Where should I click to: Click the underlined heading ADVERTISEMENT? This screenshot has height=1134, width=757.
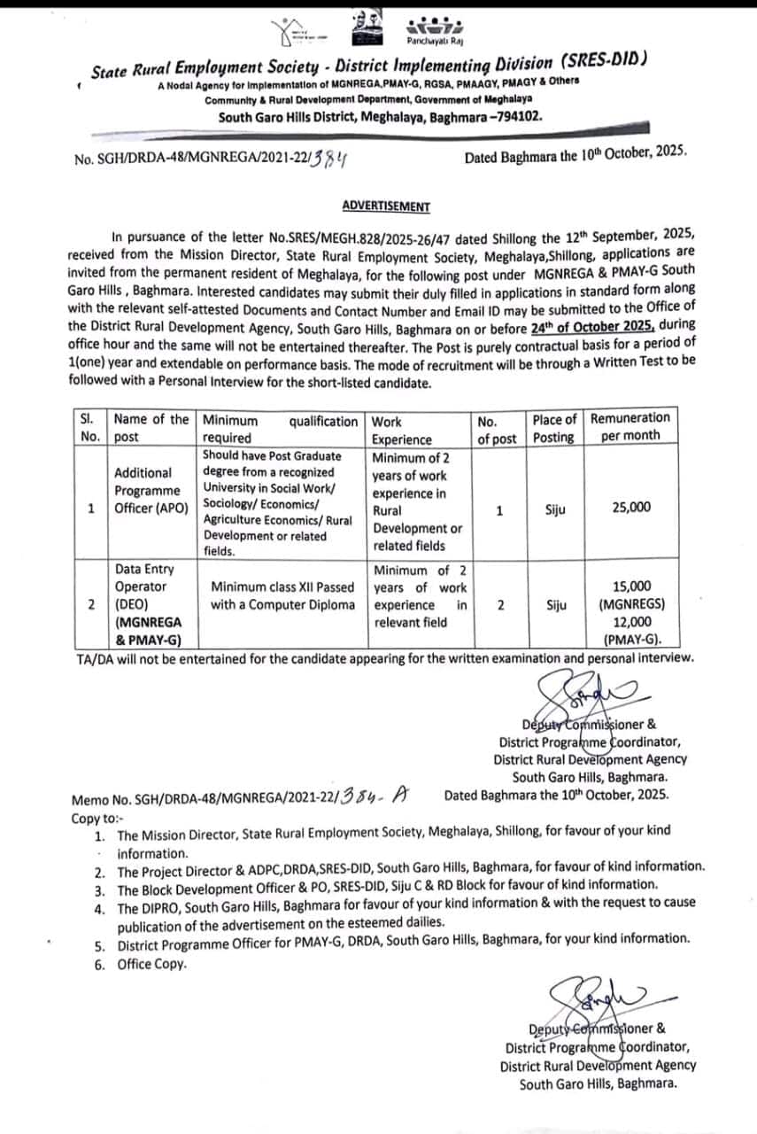point(386,206)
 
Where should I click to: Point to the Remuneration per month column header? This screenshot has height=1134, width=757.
point(630,427)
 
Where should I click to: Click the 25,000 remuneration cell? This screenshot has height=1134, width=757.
point(630,508)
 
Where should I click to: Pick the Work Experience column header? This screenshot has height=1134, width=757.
point(402,431)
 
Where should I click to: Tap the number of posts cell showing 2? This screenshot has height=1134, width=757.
point(501,605)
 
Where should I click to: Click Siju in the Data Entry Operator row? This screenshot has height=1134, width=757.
point(556,605)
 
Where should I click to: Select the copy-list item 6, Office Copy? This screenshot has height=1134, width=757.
point(151,964)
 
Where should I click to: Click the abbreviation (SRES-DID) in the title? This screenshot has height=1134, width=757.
point(604,61)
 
